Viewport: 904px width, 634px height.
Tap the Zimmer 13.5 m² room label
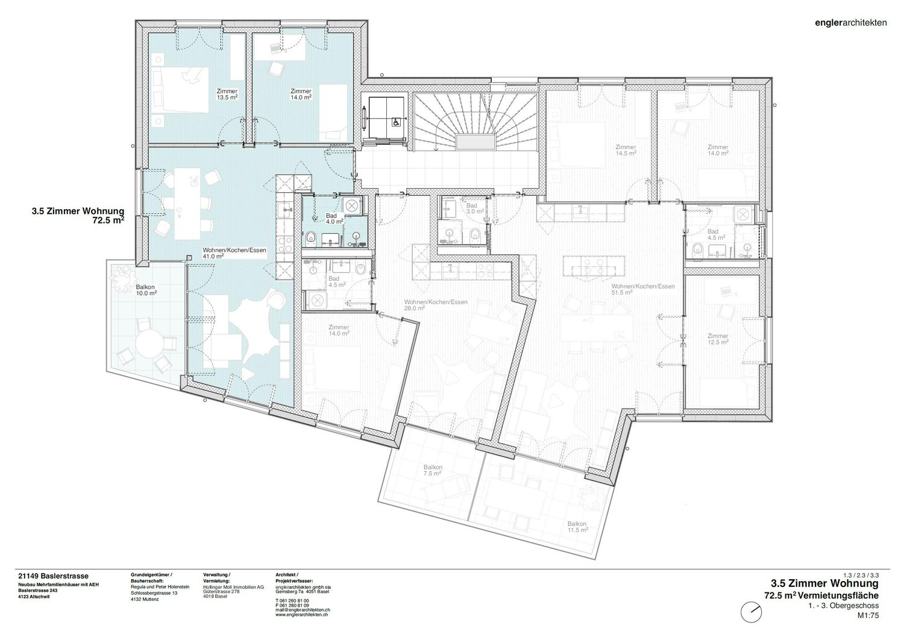pos(227,94)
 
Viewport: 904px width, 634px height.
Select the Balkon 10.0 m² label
pos(146,290)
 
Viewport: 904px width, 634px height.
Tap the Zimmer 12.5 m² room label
pos(718,339)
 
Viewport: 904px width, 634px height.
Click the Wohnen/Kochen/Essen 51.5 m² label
pos(642,289)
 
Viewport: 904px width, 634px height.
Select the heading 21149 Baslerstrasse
pos(54,576)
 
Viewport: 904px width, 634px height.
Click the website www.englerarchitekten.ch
pos(301,616)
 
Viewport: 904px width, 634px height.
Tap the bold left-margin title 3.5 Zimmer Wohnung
pos(78,212)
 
